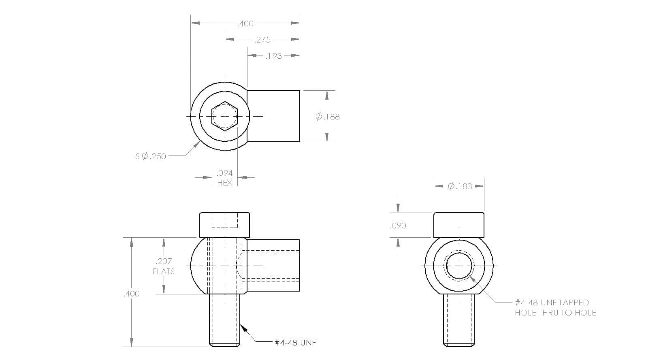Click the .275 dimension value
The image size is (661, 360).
[262, 40]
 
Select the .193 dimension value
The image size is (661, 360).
[273, 56]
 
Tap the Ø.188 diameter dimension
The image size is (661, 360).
[328, 117]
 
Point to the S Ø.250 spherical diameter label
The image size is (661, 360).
[151, 156]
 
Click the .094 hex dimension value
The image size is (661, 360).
[224, 173]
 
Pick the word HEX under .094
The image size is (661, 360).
[224, 183]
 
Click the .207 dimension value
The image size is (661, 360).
[164, 261]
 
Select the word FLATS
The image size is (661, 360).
[164, 271]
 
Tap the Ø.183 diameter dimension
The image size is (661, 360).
[460, 186]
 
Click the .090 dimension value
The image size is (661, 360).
[398, 226]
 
